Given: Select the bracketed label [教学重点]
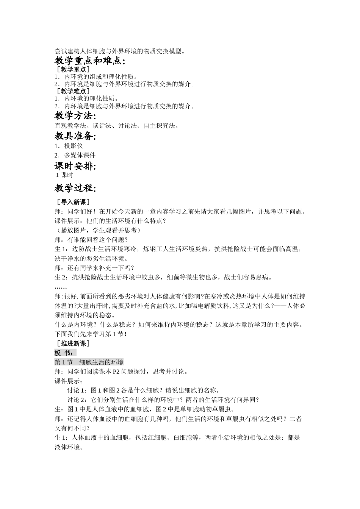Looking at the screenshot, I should coord(72,69).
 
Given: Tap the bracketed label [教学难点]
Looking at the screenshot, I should coord(72,91).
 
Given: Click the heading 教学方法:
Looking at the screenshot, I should coord(75,116).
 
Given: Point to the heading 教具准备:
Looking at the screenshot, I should coord(75,136).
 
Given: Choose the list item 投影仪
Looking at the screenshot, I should coord(73,146).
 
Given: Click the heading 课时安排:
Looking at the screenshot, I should coord(75,166).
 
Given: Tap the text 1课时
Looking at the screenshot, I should coord(64,175).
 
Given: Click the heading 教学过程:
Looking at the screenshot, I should coord(75,188).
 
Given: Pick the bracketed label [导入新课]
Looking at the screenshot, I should coord(72,202).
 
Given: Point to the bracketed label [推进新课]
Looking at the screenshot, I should coord(72,343).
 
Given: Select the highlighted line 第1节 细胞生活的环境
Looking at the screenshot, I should coord(89,362).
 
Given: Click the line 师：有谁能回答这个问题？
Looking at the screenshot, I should coord(91,240).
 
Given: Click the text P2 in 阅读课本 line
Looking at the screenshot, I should coord(116,372).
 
